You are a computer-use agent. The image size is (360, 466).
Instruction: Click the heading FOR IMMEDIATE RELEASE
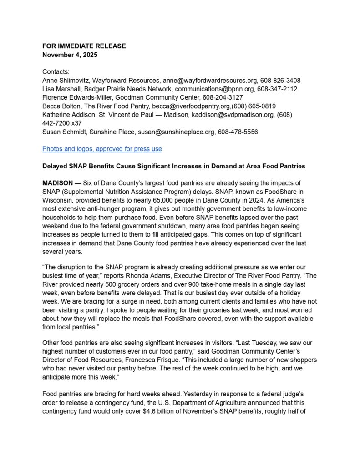84,46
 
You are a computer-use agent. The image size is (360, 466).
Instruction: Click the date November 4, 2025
70,55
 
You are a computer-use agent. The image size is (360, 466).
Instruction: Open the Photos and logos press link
102,149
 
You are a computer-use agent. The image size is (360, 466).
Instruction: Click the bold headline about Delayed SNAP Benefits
173,166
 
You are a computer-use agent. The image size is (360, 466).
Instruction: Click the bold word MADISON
57,183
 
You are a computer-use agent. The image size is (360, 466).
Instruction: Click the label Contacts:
56,72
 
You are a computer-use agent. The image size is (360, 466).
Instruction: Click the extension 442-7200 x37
62,123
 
